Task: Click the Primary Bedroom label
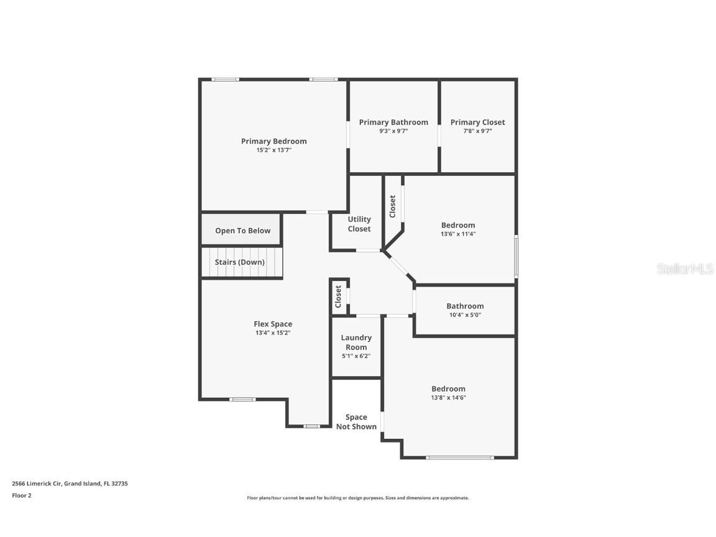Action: tap(273, 141)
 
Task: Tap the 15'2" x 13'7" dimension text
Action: tap(273, 150)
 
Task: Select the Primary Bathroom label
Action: tap(393, 122)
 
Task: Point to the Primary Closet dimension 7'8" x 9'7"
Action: tap(477, 131)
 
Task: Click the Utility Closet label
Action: tap(359, 224)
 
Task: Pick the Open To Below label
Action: tap(242, 231)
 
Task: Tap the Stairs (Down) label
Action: tap(239, 262)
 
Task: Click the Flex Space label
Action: tap(272, 324)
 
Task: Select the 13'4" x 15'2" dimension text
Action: tap(272, 333)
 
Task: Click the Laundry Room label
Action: tap(356, 342)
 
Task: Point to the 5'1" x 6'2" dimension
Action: tap(356, 356)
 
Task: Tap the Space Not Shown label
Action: tap(356, 422)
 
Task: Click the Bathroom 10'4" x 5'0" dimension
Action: tap(464, 315)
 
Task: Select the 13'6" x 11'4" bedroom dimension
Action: tap(458, 234)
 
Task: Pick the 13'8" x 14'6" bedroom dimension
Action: tap(448, 398)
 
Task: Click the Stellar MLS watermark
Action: tap(686, 269)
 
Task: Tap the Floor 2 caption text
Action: tap(21, 495)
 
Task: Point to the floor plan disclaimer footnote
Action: tap(357, 498)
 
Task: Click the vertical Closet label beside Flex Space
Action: tap(338, 296)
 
